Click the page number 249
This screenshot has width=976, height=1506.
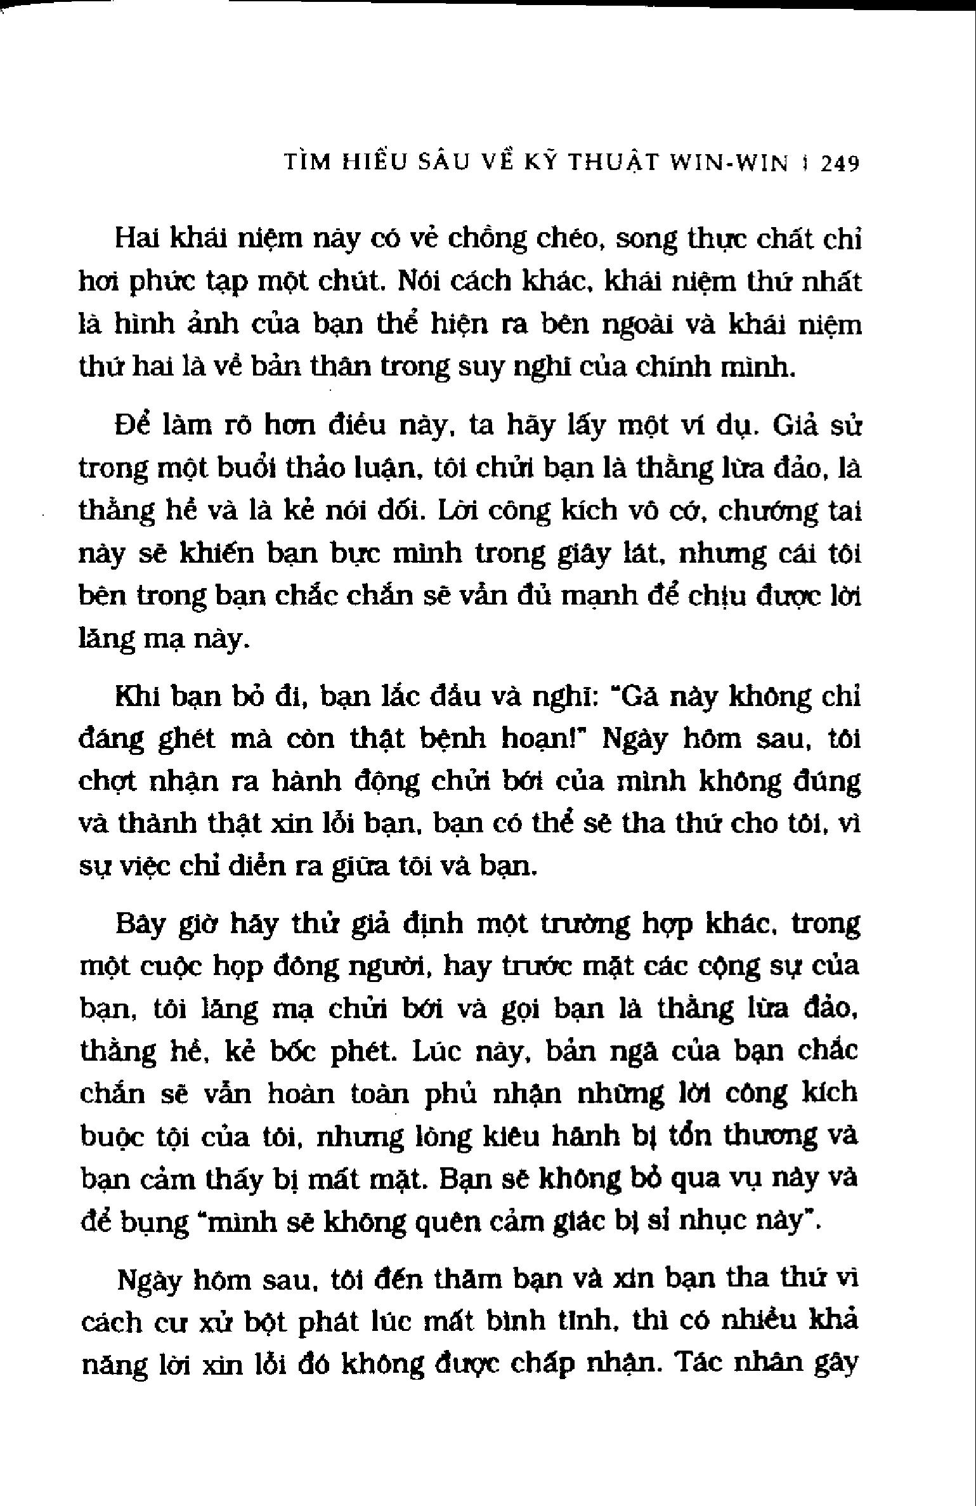[840, 164]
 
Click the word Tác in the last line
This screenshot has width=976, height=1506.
[699, 1363]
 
